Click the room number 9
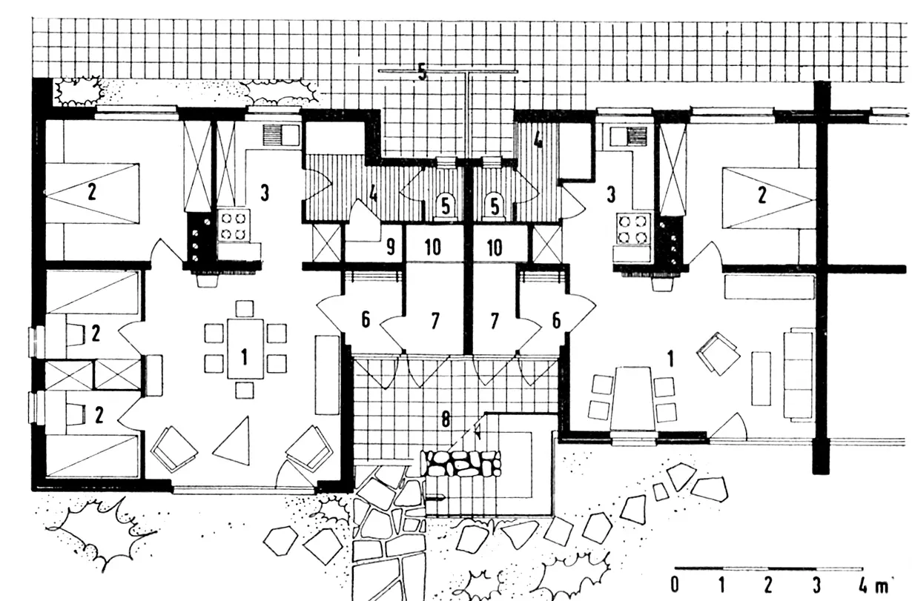click(391, 247)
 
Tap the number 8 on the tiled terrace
click(446, 420)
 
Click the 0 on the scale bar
click(675, 585)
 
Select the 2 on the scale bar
click(768, 585)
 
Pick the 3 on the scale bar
click(816, 585)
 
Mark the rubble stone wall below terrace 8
click(460, 463)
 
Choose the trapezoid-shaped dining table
click(632, 398)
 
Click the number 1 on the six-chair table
click(244, 357)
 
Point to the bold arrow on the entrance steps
click(434, 498)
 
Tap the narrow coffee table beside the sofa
click(761, 379)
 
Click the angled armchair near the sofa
click(718, 353)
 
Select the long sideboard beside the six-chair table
click(328, 375)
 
